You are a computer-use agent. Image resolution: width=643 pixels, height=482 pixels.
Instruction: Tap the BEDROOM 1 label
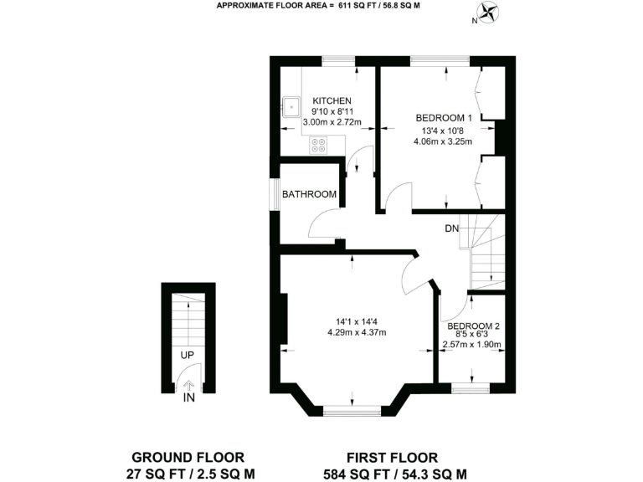pyautogui.click(x=445, y=118)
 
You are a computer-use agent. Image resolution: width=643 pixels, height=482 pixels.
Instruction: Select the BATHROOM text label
pyautogui.click(x=309, y=194)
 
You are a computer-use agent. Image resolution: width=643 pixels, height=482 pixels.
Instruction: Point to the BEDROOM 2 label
pyautogui.click(x=473, y=326)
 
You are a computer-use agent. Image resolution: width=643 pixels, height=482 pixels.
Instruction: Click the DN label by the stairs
pyautogui.click(x=451, y=228)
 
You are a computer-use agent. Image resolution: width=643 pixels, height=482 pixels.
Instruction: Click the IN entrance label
pyautogui.click(x=189, y=397)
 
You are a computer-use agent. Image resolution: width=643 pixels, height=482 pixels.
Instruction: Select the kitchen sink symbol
pyautogui.click(x=291, y=107)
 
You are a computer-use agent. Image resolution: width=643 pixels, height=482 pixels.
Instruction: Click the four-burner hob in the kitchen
pyautogui.click(x=319, y=145)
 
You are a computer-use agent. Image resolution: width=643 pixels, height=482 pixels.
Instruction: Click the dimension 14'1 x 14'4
pyautogui.click(x=361, y=321)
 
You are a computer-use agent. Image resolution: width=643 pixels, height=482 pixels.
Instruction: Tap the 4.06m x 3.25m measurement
pyautogui.click(x=443, y=141)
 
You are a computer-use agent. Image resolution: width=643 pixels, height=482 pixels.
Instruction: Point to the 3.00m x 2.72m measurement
pyautogui.click(x=332, y=122)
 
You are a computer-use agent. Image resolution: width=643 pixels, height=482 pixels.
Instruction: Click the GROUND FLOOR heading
pyautogui.click(x=188, y=457)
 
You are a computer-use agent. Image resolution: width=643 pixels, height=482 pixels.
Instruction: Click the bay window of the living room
pyautogui.click(x=351, y=410)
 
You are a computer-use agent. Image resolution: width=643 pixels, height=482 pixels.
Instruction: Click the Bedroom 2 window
pyautogui.click(x=470, y=387)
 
